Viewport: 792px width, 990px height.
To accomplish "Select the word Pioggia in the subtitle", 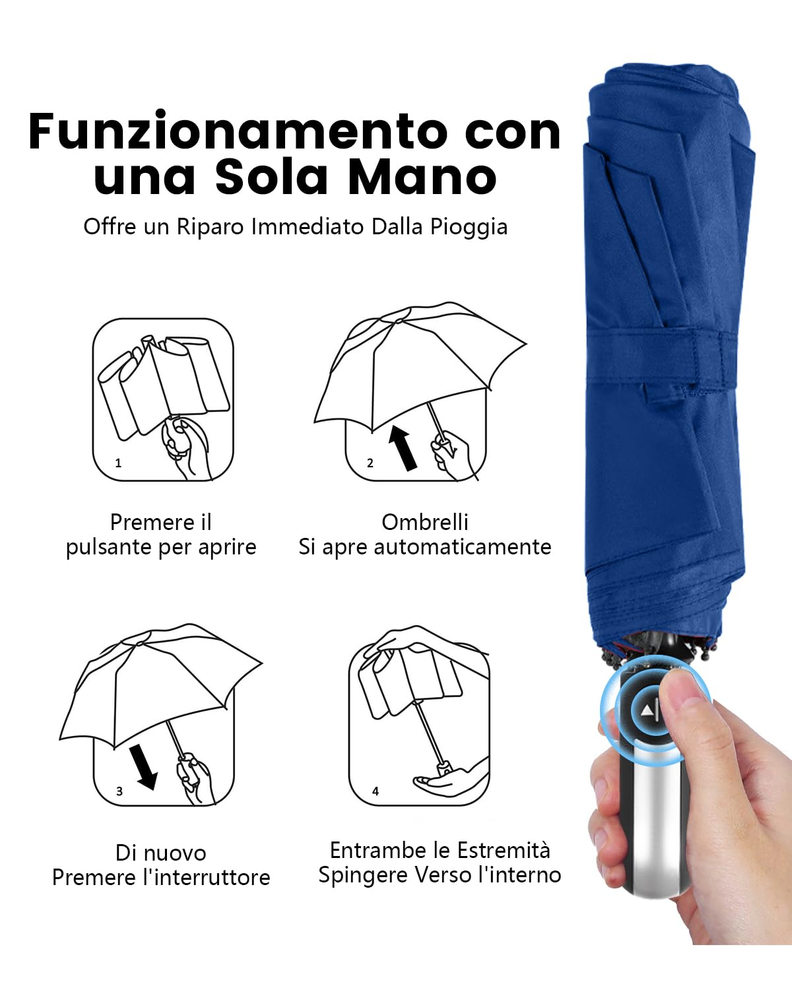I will click(x=469, y=226).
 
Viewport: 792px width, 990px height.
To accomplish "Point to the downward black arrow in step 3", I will click(x=144, y=766).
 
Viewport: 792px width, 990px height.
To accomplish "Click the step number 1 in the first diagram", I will click(x=118, y=463).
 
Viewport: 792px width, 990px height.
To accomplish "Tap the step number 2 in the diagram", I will click(x=370, y=463).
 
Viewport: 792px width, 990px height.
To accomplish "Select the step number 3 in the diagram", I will click(x=119, y=791).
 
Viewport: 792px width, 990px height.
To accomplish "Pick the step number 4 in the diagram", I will click(x=375, y=791).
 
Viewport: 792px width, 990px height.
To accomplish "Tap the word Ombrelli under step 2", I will click(x=424, y=522).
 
